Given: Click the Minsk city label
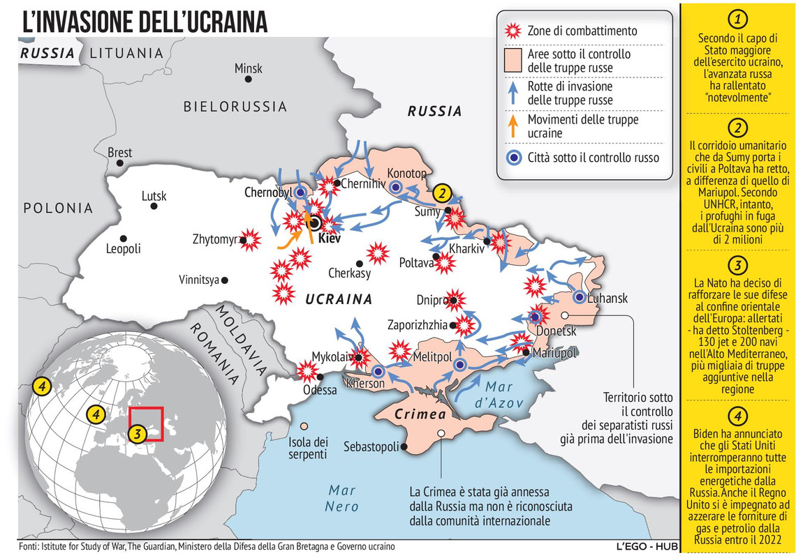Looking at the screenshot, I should pos(249,68).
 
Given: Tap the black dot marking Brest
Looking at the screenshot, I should pos(120,163).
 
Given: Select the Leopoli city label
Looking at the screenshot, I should pos(123,249).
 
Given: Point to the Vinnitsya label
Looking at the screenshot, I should pos(199,280).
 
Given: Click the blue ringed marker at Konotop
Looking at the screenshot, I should pos(395,186).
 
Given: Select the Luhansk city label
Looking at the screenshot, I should pos(607,299).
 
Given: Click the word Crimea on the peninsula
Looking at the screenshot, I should pos(420,414).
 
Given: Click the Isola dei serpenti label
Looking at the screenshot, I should pos(308,448).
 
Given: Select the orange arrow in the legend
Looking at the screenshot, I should pos(513,126).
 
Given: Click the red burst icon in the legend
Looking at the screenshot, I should pos(513,31).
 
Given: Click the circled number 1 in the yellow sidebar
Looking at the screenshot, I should pos(738,19).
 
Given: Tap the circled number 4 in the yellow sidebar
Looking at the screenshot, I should pos(738,416).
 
